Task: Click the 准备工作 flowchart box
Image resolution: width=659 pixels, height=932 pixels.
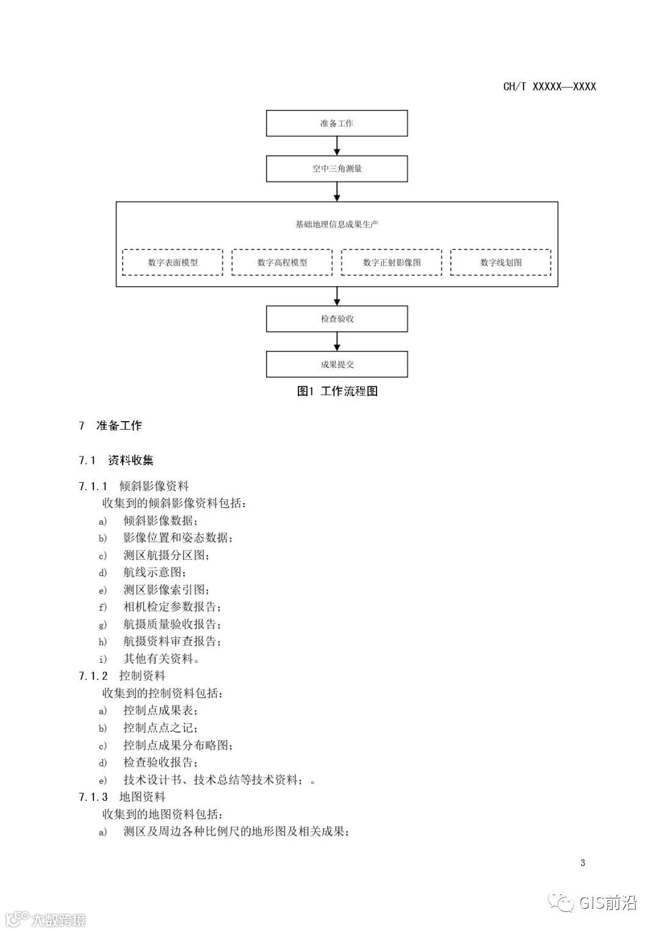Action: [337, 123]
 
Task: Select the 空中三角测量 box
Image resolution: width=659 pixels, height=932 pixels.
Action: [337, 168]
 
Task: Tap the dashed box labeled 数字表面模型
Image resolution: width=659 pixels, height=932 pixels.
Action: [173, 262]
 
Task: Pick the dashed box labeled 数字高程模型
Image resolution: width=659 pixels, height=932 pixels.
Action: [282, 262]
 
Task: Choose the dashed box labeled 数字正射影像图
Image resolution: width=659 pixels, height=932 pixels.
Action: [392, 262]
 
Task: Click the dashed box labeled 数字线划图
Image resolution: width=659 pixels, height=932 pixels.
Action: [501, 262]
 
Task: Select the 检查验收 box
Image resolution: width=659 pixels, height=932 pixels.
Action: [337, 319]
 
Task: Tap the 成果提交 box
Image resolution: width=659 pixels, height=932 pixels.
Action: [337, 364]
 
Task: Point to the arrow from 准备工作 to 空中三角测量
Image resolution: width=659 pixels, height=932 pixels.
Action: [337, 146]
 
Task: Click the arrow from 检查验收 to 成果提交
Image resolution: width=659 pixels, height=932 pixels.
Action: [337, 341]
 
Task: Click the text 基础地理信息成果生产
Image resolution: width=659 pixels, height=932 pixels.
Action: [337, 224]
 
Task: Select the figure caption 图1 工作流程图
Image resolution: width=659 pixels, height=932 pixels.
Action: [337, 391]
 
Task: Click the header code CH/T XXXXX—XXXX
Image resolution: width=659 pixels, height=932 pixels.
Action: [549, 87]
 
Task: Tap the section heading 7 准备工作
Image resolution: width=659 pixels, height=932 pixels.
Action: [110, 426]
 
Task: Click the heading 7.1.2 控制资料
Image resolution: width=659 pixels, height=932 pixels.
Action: [122, 676]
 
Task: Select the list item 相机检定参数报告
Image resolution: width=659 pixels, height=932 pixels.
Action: [172, 607]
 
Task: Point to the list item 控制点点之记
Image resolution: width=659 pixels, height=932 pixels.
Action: [160, 728]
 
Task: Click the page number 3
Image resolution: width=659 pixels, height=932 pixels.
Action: [583, 862]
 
